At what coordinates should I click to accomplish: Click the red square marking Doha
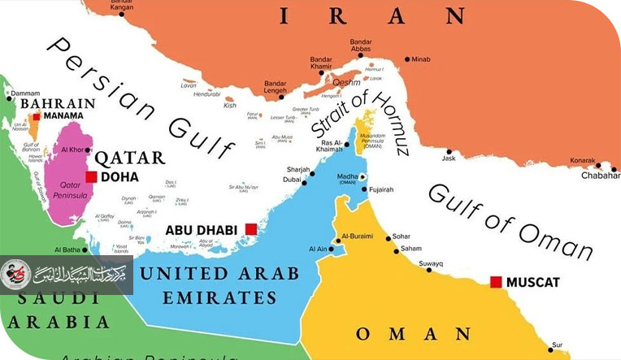tap(91, 176)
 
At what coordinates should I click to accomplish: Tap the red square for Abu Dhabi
tap(251, 230)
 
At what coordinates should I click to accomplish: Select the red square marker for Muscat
tap(496, 282)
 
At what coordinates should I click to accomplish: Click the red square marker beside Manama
tap(37, 117)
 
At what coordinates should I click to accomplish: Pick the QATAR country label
tap(130, 158)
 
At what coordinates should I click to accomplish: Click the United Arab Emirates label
tap(219, 284)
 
